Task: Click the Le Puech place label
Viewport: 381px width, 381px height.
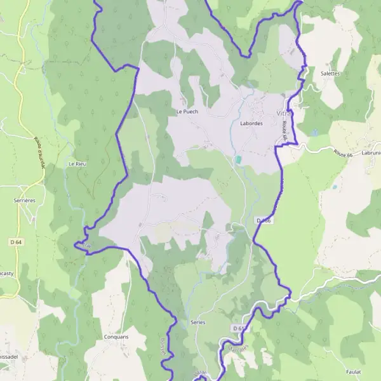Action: click(187, 112)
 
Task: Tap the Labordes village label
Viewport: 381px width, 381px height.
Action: click(251, 123)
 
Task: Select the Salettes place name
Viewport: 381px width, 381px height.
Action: click(330, 73)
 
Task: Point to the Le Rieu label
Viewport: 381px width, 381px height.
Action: click(77, 164)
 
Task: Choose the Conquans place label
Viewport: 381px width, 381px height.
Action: click(116, 337)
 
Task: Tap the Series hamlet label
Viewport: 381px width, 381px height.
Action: click(197, 323)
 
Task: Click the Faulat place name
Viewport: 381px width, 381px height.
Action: click(354, 371)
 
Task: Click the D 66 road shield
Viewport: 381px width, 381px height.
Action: click(264, 220)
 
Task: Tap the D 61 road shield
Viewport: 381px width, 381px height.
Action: click(238, 328)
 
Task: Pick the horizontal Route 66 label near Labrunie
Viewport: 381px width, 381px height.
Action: click(344, 151)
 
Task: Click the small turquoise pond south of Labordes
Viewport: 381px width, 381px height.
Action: click(238, 159)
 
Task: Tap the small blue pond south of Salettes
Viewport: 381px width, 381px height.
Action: click(314, 133)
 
